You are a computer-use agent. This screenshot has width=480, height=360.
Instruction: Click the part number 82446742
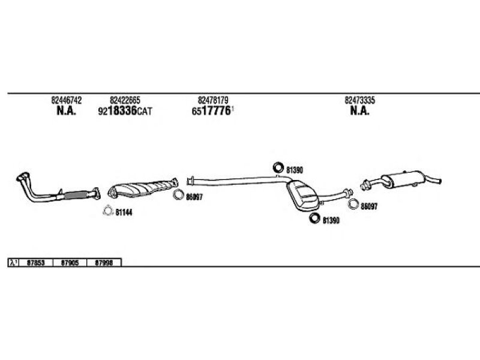(67, 100)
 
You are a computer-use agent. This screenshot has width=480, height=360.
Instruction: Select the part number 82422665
(125, 100)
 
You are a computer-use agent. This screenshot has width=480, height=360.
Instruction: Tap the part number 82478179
(213, 100)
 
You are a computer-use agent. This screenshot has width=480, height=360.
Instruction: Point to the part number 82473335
(359, 100)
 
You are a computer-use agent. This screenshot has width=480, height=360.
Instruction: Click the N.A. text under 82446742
(66, 112)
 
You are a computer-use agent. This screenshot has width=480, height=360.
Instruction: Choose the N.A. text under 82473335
(359, 112)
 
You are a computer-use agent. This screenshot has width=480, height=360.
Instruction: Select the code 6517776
(212, 112)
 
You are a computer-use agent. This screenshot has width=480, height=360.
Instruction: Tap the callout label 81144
(124, 212)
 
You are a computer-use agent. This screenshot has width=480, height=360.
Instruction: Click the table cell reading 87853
(35, 262)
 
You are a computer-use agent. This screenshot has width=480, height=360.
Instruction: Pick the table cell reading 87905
(70, 262)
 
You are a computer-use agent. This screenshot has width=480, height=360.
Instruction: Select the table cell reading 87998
(104, 262)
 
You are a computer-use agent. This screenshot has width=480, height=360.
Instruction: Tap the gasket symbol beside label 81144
(107, 211)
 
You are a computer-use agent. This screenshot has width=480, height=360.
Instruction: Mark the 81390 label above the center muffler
(295, 170)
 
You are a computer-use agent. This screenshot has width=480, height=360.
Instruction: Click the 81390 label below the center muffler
(331, 220)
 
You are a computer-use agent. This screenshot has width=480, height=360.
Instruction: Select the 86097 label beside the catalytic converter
(194, 197)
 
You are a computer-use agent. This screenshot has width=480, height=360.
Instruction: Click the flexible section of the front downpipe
(75, 194)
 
